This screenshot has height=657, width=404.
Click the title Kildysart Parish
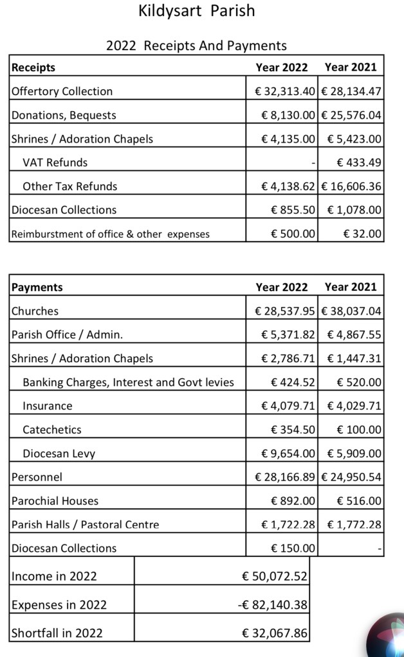tap(196, 11)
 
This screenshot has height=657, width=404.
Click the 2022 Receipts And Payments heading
tap(196, 46)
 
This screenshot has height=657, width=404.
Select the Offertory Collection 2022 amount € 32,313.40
tap(285, 91)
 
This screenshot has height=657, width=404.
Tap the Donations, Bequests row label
tap(64, 115)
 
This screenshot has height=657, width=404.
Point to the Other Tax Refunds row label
tap(70, 186)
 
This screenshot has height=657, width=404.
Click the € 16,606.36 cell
tap(351, 186)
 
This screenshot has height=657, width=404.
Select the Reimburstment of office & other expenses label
tap(111, 234)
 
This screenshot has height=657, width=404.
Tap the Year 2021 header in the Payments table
tap(351, 287)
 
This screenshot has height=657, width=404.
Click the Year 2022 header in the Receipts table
tap(282, 67)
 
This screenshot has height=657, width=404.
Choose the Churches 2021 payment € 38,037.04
tap(351, 311)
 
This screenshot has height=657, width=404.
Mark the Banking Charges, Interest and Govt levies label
tap(128, 382)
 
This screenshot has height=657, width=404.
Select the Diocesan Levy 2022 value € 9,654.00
tap(288, 453)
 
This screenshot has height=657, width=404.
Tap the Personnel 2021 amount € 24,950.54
tap(351, 477)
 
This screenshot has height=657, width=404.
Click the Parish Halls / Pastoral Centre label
tap(85, 525)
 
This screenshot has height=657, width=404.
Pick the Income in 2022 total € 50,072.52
tap(275, 576)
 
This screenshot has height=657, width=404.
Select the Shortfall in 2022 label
tap(57, 633)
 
